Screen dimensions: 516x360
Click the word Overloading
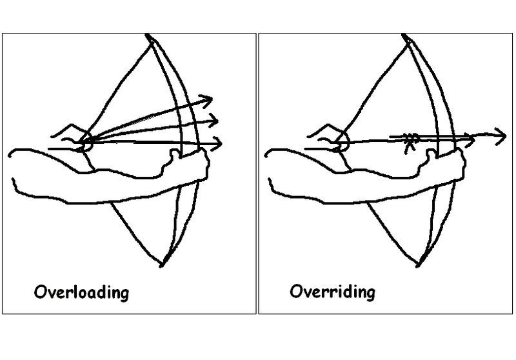click(x=81, y=292)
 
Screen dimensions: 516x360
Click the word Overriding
click(x=332, y=292)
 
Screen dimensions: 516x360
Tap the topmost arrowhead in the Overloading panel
click(x=206, y=101)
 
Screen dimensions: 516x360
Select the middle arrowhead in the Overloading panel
click(x=212, y=121)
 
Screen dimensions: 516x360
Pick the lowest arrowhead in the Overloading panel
click(x=216, y=144)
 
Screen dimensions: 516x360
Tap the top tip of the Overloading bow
click(x=147, y=35)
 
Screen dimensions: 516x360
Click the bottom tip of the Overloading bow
click(x=161, y=265)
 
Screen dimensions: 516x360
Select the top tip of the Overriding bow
click(x=404, y=35)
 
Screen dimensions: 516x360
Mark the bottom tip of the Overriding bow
click(x=417, y=265)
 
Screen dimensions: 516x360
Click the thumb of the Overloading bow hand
click(x=174, y=154)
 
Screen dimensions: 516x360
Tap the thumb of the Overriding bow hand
click(x=430, y=154)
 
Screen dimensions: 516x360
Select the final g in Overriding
click(x=370, y=294)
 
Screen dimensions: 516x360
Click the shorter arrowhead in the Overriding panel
click(x=469, y=140)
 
